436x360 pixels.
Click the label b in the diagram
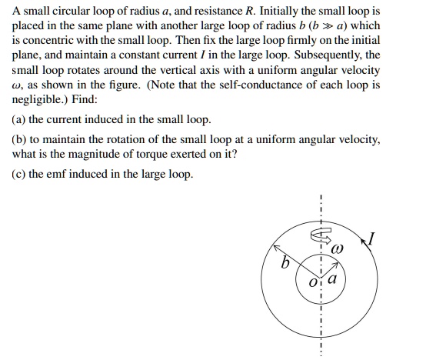tap(285, 263)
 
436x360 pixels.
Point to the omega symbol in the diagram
tap(337, 250)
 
